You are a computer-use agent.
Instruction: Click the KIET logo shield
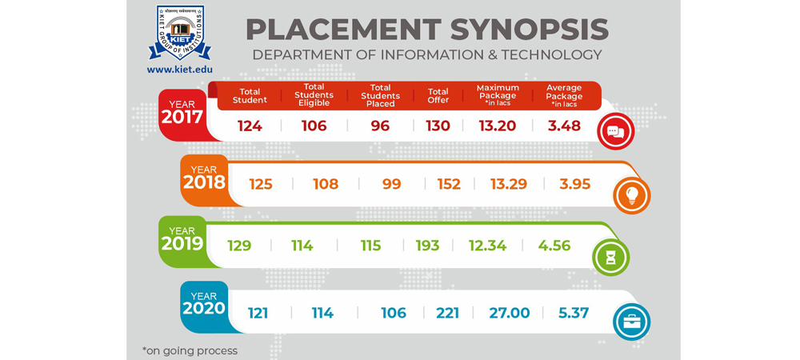[x=180, y=32]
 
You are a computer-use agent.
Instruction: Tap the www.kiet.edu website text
[x=180, y=70]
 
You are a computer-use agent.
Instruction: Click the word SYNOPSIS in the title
[x=529, y=30]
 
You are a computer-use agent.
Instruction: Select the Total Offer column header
[x=438, y=96]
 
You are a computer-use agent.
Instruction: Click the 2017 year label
[x=182, y=116]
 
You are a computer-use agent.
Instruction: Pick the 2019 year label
[x=182, y=242]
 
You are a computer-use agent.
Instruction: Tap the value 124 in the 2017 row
[x=250, y=126]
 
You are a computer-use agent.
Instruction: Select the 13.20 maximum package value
[x=498, y=126]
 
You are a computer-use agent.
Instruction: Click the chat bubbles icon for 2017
[x=615, y=132]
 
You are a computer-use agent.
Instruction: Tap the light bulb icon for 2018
[x=631, y=195]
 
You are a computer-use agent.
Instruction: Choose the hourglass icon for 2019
[x=610, y=258]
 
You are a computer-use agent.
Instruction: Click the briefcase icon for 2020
[x=631, y=322]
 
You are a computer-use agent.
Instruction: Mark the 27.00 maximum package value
[x=510, y=313]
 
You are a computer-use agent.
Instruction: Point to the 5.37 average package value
[x=574, y=313]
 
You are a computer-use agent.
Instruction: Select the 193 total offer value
[x=427, y=246]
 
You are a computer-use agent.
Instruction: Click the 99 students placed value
[x=391, y=184]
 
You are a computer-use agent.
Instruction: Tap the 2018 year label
[x=204, y=182]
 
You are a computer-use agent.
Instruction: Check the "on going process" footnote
[x=190, y=350]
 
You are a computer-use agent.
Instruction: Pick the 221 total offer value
[x=447, y=313]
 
